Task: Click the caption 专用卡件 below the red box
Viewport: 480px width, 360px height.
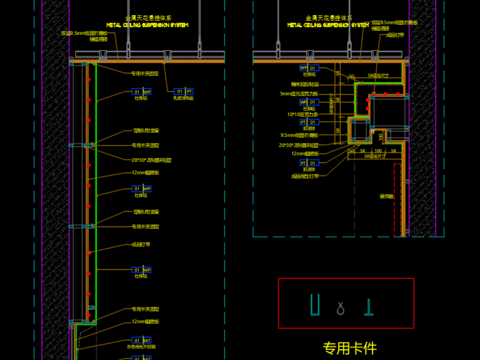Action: (349, 349)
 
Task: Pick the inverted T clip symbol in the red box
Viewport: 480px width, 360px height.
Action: (368, 305)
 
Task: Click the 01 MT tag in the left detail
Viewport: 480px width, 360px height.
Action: (142, 91)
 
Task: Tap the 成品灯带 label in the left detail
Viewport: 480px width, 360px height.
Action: (142, 242)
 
